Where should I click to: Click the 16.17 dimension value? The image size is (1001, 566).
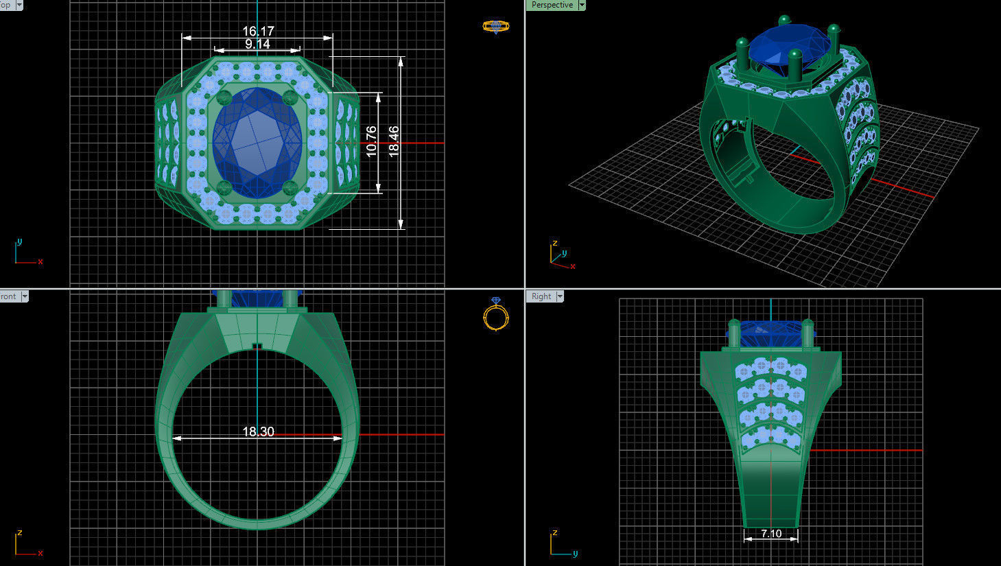coord(258,31)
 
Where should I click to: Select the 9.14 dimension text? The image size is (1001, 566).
coord(257,44)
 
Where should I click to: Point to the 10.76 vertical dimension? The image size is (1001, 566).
coord(371,141)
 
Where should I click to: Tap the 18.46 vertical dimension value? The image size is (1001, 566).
coord(394,141)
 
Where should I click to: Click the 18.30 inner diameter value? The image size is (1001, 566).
coord(258,432)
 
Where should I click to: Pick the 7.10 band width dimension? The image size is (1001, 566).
coord(771,533)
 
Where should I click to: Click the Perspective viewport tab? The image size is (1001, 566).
coord(552,5)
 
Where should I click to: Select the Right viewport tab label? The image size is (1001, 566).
coord(541,296)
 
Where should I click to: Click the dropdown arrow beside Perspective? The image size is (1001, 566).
coord(582,5)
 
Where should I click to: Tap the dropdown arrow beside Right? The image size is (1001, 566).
coord(560,296)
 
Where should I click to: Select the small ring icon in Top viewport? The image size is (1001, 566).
coord(495,27)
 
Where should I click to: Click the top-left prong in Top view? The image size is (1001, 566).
coord(223,97)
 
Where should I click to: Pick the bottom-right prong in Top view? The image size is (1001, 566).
coord(290,187)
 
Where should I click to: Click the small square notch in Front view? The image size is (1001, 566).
coord(257,346)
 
